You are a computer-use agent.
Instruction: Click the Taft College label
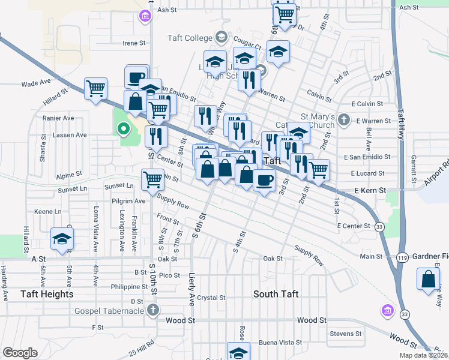pyautogui.click(x=190, y=38)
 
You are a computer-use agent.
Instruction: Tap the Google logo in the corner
pyautogui.click(x=20, y=353)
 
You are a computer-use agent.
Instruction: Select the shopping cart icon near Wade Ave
pyautogui.click(x=95, y=89)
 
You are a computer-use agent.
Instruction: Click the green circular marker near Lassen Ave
pyautogui.click(x=123, y=128)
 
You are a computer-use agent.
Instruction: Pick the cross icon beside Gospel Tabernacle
pyautogui.click(x=153, y=310)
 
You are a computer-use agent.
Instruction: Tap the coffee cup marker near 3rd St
pyautogui.click(x=264, y=180)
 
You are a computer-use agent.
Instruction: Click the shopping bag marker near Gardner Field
pyautogui.click(x=428, y=279)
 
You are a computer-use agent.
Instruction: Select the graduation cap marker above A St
pyautogui.click(x=62, y=239)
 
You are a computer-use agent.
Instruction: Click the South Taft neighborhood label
pyautogui.click(x=276, y=294)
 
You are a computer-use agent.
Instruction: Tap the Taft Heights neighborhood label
pyautogui.click(x=47, y=294)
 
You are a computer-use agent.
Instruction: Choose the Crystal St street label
pyautogui.click(x=211, y=298)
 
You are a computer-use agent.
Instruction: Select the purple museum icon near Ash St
pyautogui.click(x=145, y=16)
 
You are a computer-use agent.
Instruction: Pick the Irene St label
pyautogui.click(x=134, y=43)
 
